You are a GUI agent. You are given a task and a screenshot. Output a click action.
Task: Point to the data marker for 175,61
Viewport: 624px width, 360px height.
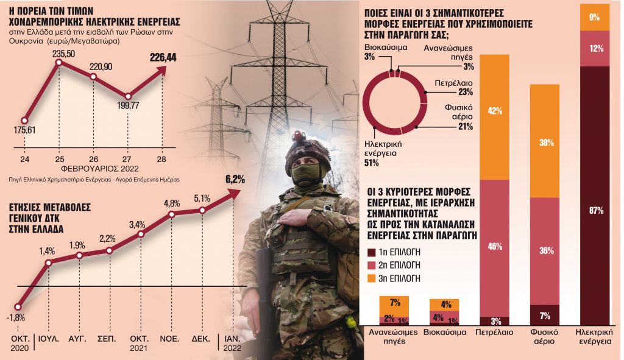tap(24, 120)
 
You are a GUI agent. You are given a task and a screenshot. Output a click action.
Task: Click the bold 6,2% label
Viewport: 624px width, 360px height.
tap(235, 179)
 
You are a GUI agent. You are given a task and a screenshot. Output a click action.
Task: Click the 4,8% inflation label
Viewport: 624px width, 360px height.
tap(171, 203)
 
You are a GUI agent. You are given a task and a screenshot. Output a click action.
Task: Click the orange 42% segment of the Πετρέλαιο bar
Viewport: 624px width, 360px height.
tap(494, 111)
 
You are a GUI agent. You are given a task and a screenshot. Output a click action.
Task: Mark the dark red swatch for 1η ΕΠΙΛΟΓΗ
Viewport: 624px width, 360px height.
tap(372, 252)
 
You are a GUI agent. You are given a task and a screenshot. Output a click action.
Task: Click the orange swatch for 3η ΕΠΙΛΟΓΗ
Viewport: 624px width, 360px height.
tap(372, 278)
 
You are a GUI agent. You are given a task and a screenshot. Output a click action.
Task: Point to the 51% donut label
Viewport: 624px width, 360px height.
tap(372, 163)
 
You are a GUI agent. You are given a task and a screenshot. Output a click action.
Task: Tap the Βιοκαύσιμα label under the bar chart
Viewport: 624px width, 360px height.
tap(444, 334)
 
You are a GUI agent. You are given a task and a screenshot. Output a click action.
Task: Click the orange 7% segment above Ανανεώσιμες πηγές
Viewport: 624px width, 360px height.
tap(394, 303)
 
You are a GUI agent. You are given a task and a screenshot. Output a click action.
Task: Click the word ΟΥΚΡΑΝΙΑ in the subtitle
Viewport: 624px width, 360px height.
tap(25, 41)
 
